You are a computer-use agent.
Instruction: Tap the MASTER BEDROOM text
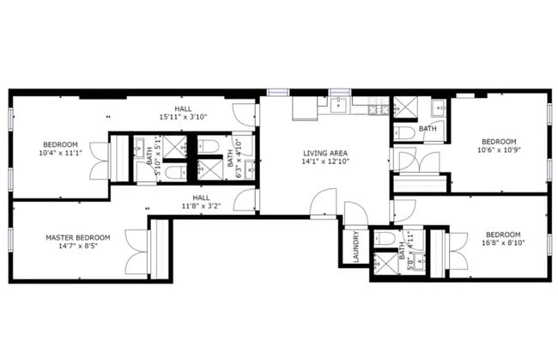tap(78, 237)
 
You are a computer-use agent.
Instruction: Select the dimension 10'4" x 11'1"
tap(60, 153)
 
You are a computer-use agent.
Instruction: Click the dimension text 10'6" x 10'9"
tap(499, 150)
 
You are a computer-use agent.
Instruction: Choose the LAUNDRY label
tap(351, 247)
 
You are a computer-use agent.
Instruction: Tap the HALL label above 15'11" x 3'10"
tap(183, 108)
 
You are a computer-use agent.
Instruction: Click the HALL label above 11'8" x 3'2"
tap(201, 197)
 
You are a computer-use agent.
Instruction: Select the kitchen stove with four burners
tap(374, 107)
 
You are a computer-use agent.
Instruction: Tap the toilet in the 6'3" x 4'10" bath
tap(209, 170)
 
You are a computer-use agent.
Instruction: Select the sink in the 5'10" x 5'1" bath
tap(139, 153)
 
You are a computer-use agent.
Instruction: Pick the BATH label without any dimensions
tap(427, 129)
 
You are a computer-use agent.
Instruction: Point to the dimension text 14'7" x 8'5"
tap(78, 247)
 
